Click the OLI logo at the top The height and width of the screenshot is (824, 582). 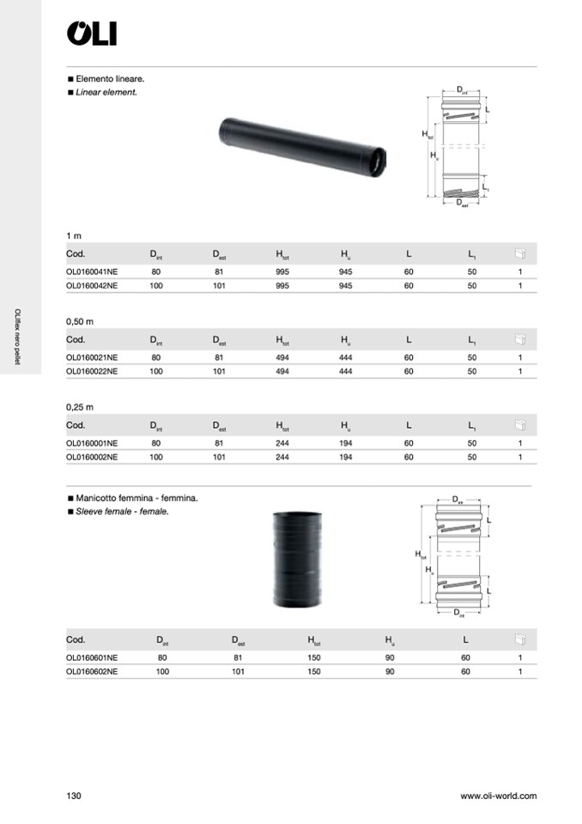click(92, 34)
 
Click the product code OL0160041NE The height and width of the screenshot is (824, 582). click(92, 272)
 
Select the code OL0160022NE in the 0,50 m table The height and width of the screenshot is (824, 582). click(92, 371)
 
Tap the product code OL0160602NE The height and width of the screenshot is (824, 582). click(92, 671)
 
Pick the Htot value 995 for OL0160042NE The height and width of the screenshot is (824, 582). click(282, 285)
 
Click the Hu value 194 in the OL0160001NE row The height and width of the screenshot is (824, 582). click(345, 443)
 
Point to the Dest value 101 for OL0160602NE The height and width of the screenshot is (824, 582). click(239, 671)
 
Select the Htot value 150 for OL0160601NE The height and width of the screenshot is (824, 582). click(314, 657)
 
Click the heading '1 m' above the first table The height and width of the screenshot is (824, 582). click(74, 235)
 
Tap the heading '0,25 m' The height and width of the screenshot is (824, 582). click(80, 406)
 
